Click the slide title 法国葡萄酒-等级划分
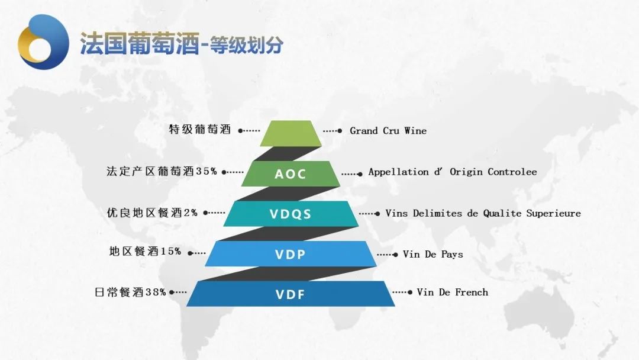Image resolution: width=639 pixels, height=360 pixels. pyautogui.click(x=182, y=43)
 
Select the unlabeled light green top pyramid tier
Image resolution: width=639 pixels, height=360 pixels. pyautogui.click(x=291, y=133)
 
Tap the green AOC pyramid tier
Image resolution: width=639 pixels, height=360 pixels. pyautogui.click(x=291, y=173)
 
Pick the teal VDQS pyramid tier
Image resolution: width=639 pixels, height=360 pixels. pyautogui.click(x=291, y=214)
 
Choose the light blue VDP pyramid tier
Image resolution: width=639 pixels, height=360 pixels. pyautogui.click(x=291, y=253)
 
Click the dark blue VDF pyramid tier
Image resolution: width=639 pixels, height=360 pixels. pyautogui.click(x=291, y=294)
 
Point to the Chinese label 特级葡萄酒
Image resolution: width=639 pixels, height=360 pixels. pyautogui.click(x=200, y=130)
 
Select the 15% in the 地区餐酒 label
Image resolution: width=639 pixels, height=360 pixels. pyautogui.click(x=171, y=251)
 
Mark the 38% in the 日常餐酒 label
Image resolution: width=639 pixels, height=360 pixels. pyautogui.click(x=156, y=292)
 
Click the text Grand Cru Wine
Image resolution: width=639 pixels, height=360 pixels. pyautogui.click(x=388, y=131)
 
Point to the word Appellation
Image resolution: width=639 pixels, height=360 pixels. pyautogui.click(x=399, y=172)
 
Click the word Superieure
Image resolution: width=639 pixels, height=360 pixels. pyautogui.click(x=553, y=213)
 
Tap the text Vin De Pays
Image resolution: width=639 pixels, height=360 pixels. pyautogui.click(x=433, y=255)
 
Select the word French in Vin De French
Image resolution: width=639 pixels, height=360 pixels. pyautogui.click(x=472, y=292)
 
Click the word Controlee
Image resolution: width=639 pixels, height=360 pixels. pyautogui.click(x=512, y=172)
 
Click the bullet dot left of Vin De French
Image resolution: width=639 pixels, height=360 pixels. pyautogui.click(x=410, y=292)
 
